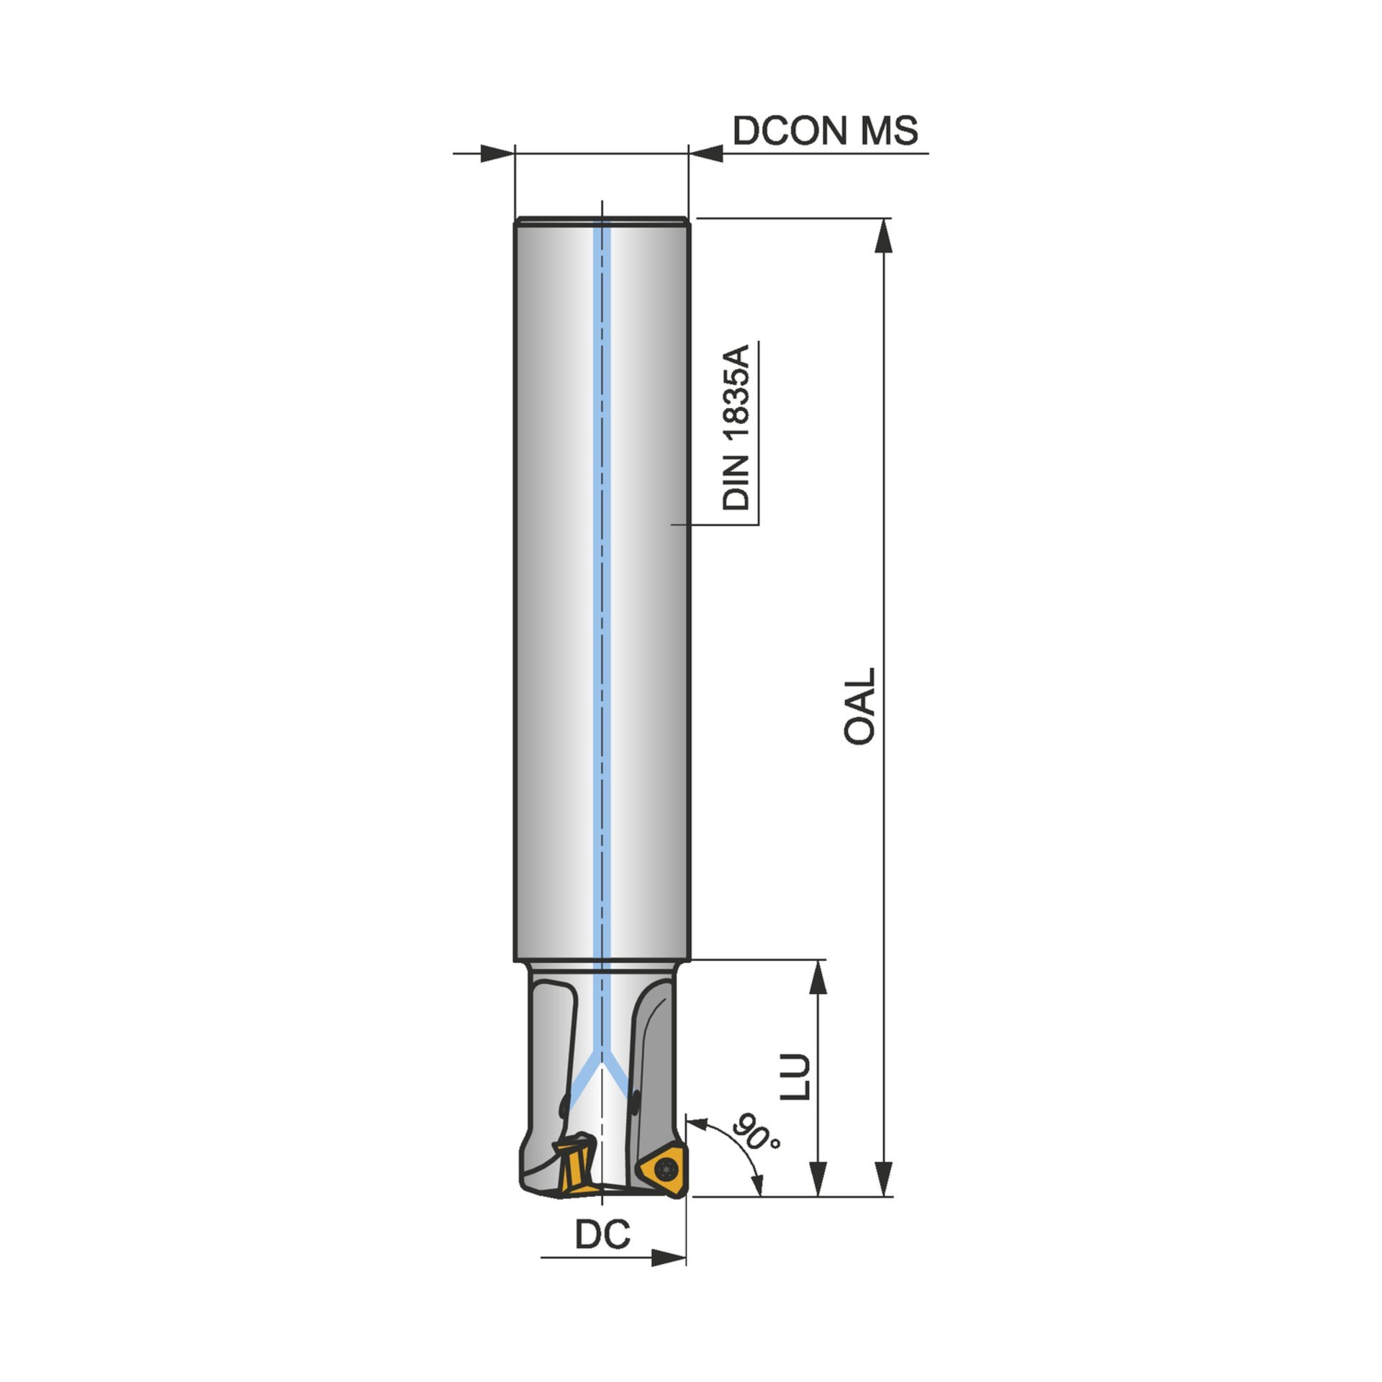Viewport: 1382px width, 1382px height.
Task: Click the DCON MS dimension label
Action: point(825,131)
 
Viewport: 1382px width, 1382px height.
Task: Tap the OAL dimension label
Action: point(859,705)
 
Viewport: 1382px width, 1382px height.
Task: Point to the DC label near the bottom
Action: point(602,1235)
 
